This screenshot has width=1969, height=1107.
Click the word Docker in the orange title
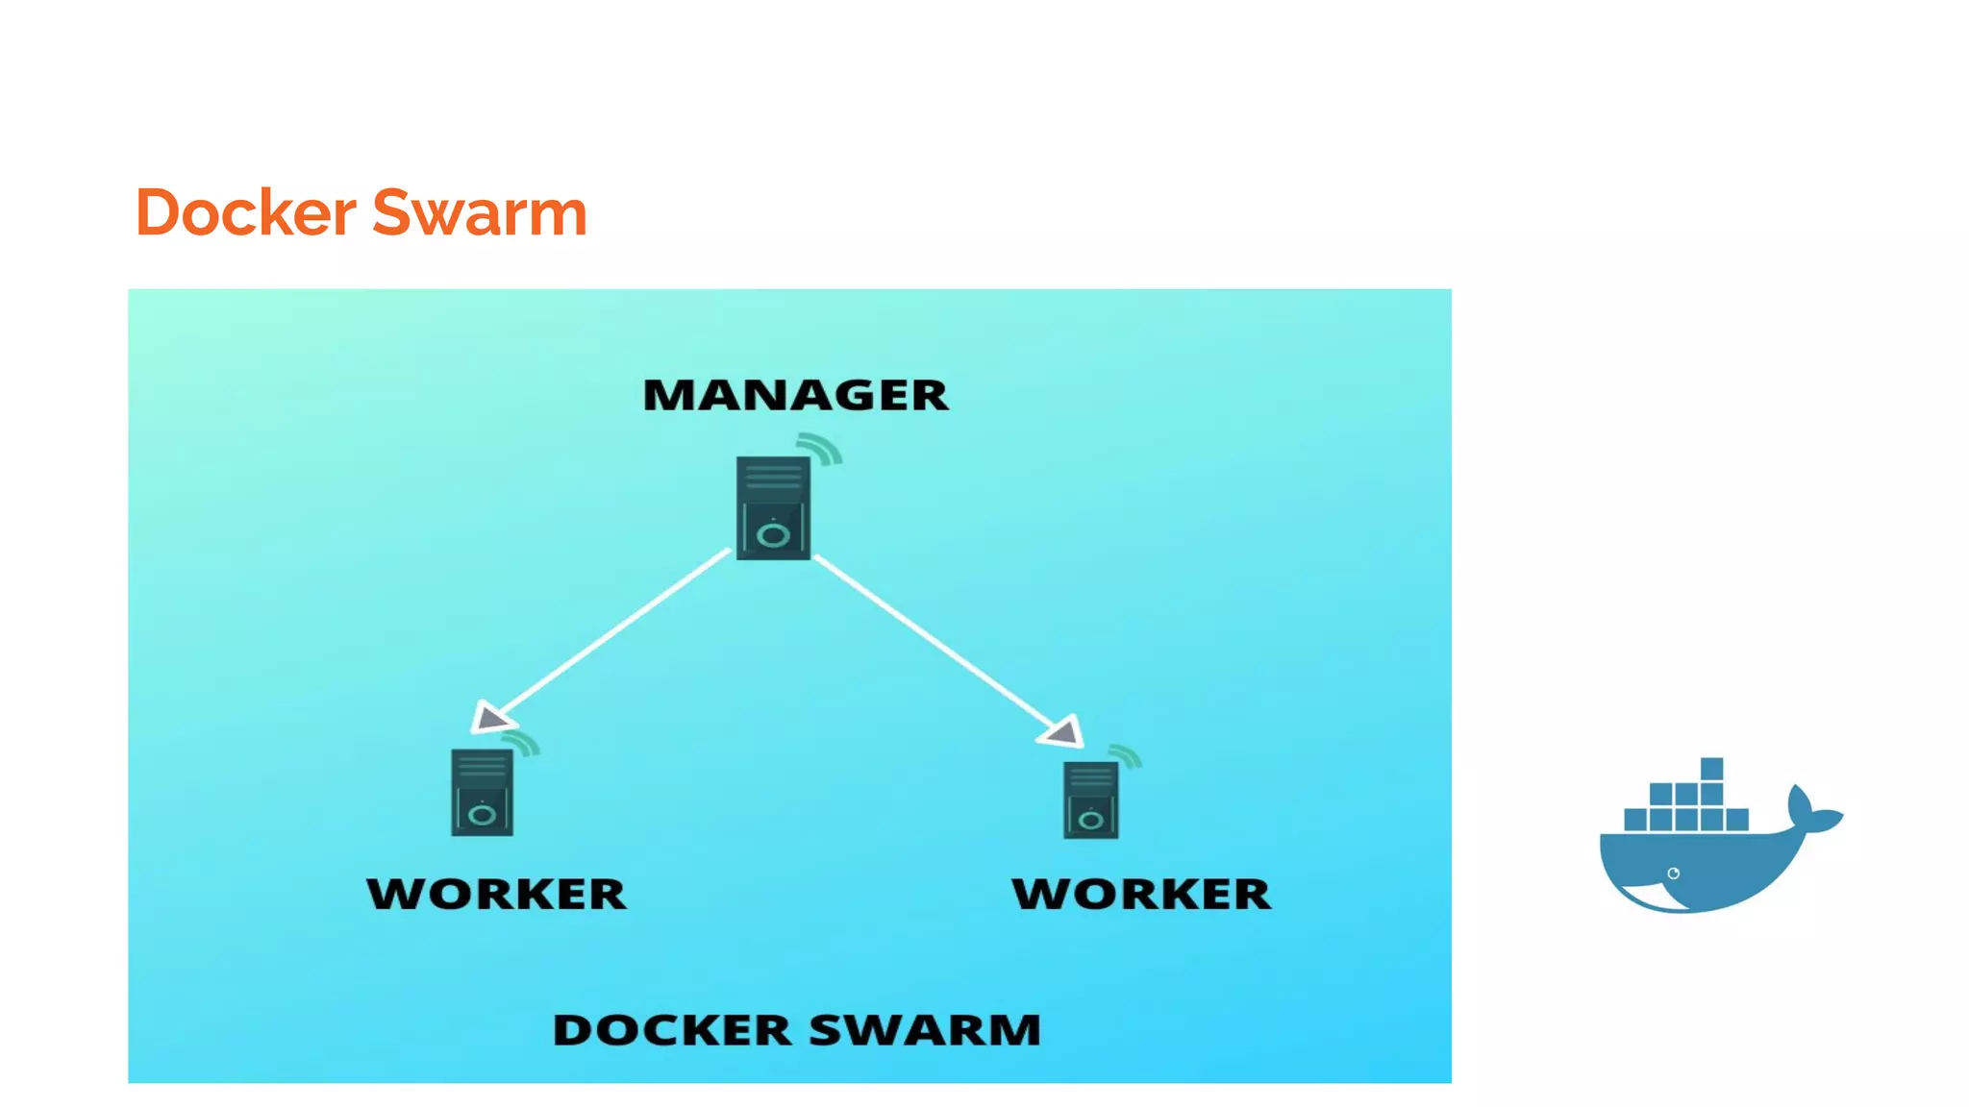(245, 212)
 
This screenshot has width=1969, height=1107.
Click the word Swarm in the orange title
(479, 212)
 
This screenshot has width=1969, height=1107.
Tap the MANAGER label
(795, 396)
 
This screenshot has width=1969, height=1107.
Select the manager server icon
(773, 507)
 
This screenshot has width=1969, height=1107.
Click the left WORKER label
(496, 894)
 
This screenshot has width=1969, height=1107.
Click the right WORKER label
(1141, 894)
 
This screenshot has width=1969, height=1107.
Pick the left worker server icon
(482, 793)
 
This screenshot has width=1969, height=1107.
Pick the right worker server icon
(1090, 799)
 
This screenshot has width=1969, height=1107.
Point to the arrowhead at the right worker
(1062, 732)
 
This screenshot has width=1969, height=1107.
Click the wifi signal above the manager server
(821, 448)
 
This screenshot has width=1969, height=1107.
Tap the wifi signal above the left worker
(523, 743)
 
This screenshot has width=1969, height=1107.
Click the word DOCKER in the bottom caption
(672, 1030)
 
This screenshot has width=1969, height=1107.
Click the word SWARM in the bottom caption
(925, 1030)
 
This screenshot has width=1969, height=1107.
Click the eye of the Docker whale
(1674, 873)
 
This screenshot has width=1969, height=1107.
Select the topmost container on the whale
(1711, 769)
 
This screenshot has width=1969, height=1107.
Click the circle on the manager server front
(773, 535)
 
